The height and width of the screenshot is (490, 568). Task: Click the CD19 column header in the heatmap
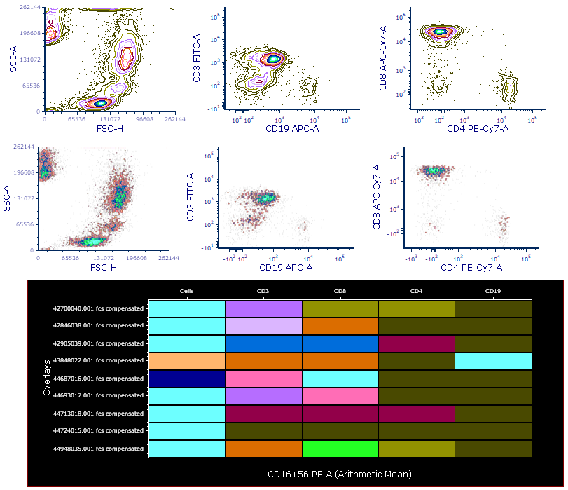[494, 290]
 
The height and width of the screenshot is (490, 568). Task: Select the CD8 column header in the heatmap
[340, 290]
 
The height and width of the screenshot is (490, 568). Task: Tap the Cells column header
[187, 290]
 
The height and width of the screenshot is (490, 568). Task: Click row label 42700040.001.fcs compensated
[99, 307]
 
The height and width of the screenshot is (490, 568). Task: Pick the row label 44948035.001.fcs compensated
[99, 449]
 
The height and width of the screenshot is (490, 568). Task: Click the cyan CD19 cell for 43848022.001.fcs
[494, 360]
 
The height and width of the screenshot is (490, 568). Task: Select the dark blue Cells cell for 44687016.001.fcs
[187, 378]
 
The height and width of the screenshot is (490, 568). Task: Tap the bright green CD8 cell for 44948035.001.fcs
[340, 449]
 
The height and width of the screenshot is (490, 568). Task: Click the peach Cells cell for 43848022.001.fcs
[187, 360]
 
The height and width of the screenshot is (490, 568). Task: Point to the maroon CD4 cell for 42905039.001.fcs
[417, 343]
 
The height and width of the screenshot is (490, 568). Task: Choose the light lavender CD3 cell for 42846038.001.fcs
[263, 325]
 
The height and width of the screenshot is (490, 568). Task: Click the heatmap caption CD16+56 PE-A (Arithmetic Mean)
[340, 475]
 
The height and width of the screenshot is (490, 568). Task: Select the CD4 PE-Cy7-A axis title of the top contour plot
[478, 129]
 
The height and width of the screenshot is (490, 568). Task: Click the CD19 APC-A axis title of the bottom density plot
[286, 267]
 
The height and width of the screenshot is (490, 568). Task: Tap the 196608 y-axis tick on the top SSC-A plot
[28, 33]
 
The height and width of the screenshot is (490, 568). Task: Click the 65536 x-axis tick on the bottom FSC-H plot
[69, 258]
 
